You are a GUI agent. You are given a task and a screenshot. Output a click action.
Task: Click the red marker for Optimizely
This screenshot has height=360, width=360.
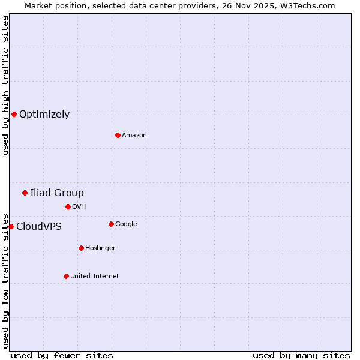(14, 114)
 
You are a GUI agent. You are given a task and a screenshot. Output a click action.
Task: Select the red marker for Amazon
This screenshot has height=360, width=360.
(118, 135)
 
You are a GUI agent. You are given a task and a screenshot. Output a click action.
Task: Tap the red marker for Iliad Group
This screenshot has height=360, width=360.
(25, 193)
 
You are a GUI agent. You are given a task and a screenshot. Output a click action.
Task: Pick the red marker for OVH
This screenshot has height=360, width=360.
(68, 206)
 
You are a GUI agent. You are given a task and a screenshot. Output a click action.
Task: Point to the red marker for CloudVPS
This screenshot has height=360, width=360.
(11, 226)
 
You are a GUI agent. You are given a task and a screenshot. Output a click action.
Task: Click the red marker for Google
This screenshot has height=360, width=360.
(111, 224)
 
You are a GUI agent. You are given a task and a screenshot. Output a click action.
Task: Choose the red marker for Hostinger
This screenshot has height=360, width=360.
(81, 248)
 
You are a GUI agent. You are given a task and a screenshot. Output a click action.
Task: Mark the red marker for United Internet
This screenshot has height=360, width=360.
(66, 276)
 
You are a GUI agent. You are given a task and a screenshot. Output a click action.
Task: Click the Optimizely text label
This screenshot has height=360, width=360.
(44, 115)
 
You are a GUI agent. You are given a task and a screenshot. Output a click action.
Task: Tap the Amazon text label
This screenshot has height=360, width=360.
(134, 136)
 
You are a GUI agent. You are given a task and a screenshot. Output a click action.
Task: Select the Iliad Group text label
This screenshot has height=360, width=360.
(57, 193)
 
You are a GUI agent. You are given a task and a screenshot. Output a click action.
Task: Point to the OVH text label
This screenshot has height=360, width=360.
(79, 207)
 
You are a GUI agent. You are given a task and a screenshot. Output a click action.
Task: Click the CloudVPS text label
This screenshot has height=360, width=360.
(39, 227)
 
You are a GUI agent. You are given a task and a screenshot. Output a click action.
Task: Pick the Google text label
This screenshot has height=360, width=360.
(126, 224)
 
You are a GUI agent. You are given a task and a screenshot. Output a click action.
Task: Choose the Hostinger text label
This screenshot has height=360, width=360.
(100, 248)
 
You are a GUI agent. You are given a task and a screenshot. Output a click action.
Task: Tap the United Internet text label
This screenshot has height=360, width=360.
(95, 277)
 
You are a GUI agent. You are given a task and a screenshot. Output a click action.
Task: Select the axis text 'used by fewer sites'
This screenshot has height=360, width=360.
(62, 355)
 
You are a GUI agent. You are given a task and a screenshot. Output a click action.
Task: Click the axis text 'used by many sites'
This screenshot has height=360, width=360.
(301, 355)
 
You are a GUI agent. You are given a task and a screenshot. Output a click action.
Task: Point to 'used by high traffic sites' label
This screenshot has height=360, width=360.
(6, 85)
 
